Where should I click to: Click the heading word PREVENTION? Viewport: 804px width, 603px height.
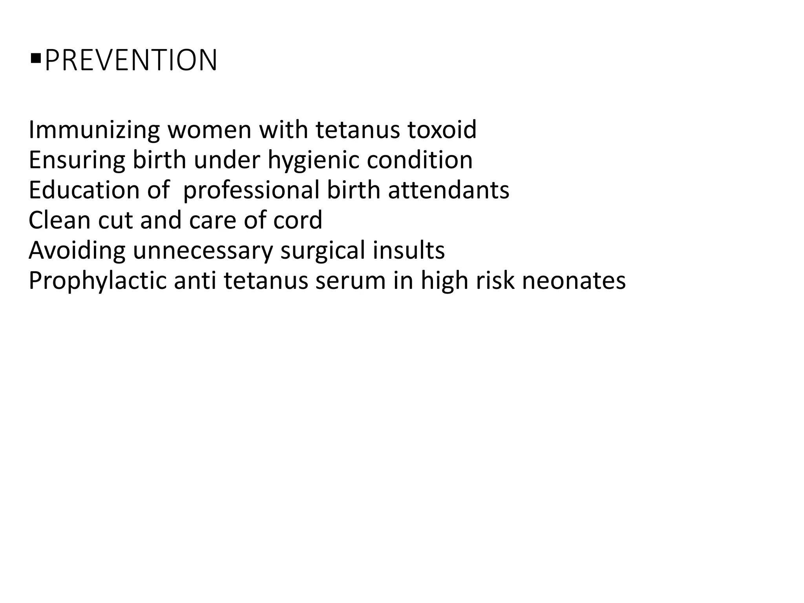pyautogui.click(x=131, y=61)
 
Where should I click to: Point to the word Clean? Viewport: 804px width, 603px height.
pyautogui.click(x=59, y=220)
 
